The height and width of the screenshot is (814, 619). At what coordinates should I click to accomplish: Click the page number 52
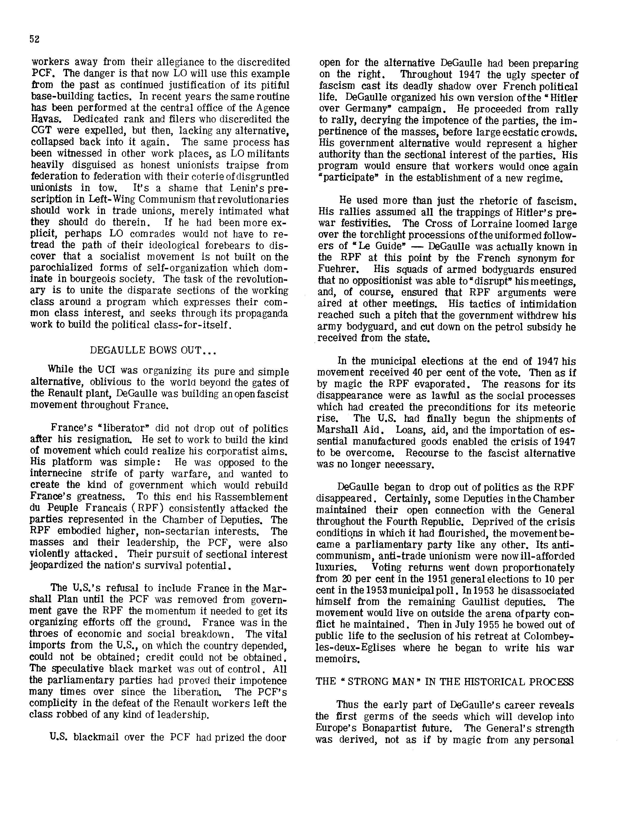click(34, 39)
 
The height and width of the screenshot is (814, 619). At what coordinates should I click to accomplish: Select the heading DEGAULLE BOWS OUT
click(153, 350)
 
